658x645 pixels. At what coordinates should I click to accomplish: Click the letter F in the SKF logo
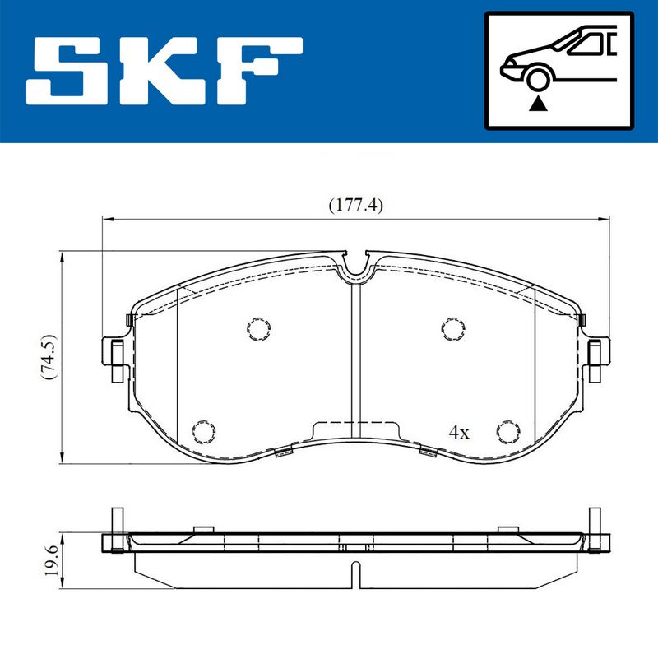coord(259,71)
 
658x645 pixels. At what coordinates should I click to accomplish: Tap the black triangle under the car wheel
coord(538,104)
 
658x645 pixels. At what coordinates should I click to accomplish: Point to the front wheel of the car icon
coord(538,79)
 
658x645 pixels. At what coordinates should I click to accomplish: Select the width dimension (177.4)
coord(355,205)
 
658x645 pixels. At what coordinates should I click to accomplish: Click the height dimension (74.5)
coord(49,357)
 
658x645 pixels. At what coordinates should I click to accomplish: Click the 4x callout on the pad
coord(459,432)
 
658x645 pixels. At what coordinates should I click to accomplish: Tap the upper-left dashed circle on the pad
coord(258,328)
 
